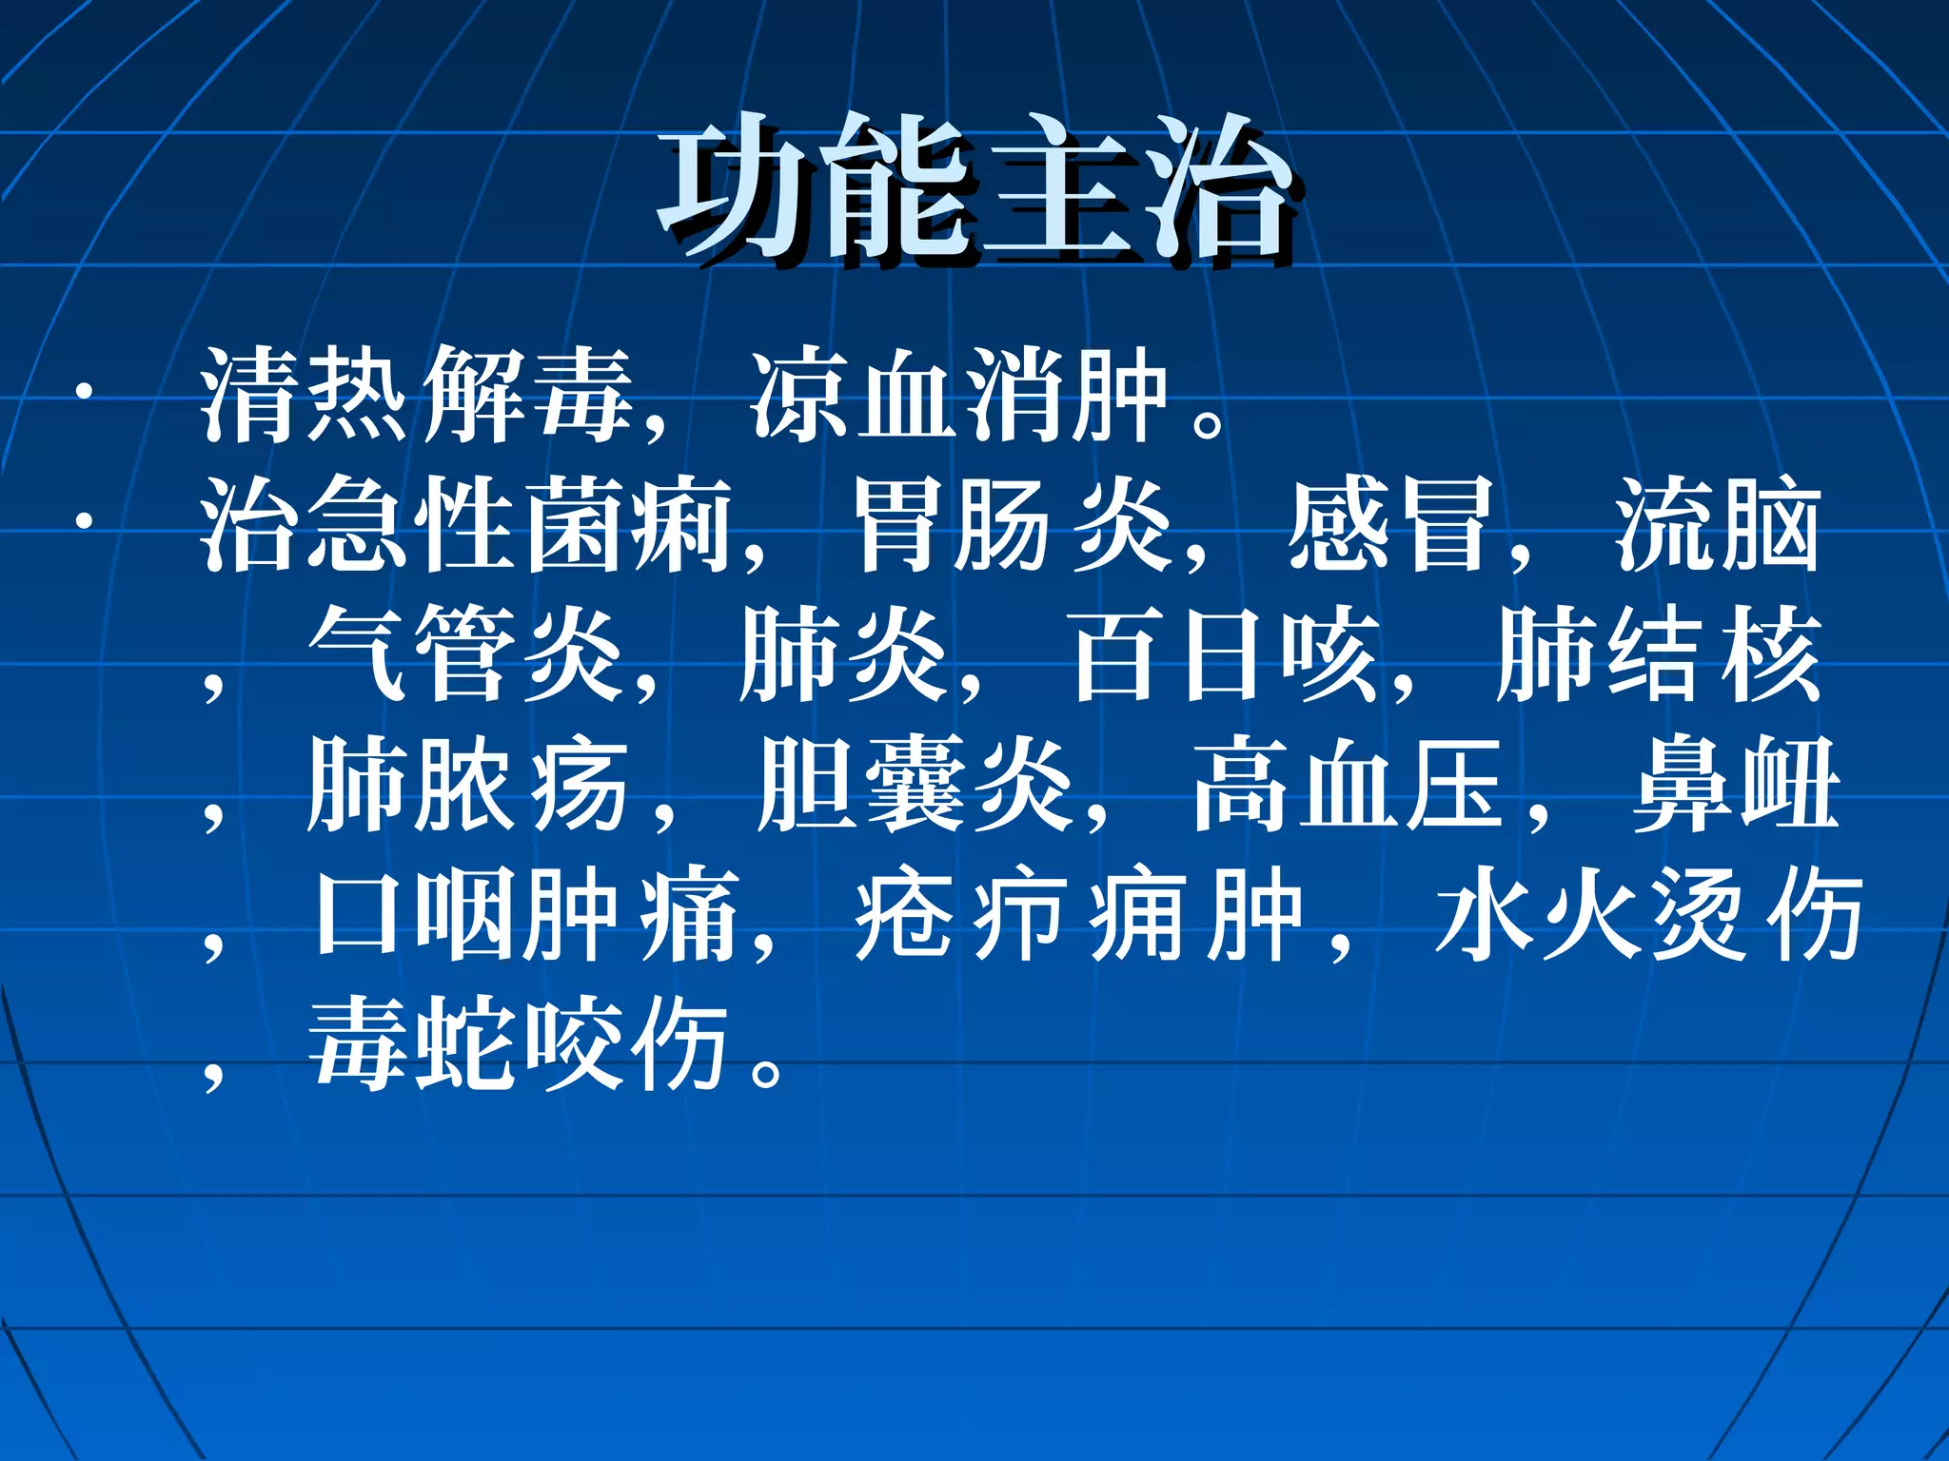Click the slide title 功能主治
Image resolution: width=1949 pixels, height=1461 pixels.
point(974,190)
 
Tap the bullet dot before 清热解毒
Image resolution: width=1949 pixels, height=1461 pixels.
point(86,391)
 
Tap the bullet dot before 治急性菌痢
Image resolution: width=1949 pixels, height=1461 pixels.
point(86,521)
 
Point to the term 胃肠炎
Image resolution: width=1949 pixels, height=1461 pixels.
point(1013,526)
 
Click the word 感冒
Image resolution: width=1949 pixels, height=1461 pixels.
point(1390,526)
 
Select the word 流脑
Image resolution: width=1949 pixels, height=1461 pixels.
point(1718,526)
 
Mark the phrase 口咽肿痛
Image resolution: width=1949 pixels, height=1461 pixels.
point(528,916)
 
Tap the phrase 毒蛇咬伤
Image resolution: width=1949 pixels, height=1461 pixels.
point(519,1044)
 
